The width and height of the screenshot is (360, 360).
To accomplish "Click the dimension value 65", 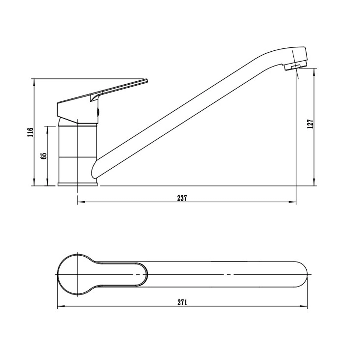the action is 43,156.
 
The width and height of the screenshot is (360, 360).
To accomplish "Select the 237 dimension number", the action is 182,198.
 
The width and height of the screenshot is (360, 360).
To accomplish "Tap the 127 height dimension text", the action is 310,124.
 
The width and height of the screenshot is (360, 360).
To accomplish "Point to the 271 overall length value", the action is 182,307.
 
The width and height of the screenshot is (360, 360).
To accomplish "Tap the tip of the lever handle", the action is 147,81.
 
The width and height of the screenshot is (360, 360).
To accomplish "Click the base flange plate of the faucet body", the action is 77,184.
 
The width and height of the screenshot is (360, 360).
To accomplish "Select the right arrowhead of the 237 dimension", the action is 292,202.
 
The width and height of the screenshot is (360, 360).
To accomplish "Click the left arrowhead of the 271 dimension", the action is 61,311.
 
